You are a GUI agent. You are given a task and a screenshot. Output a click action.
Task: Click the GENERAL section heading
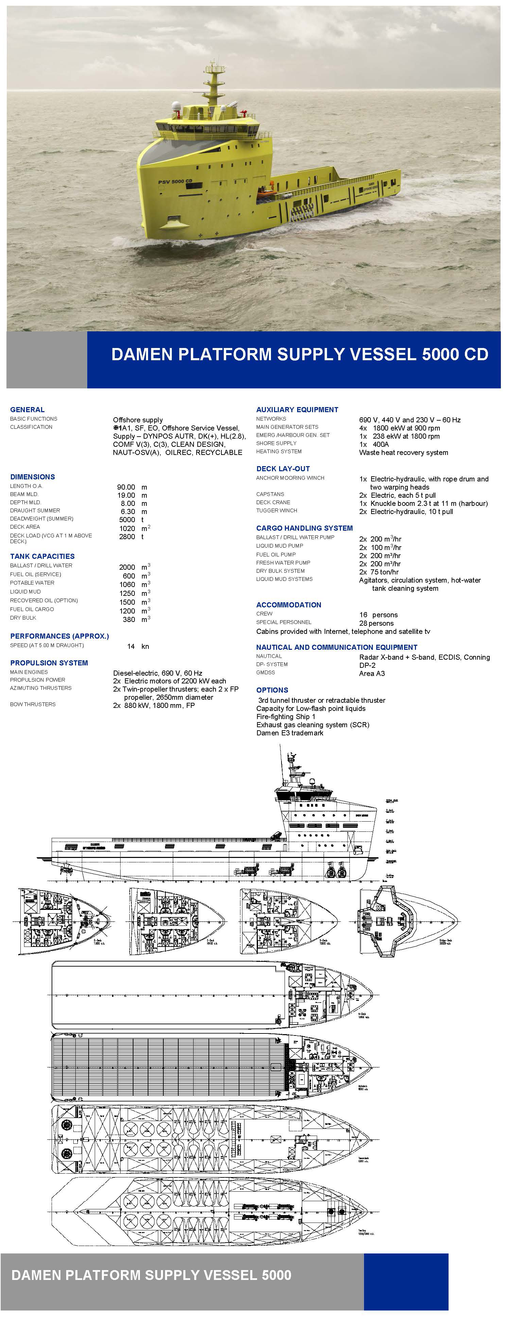27,409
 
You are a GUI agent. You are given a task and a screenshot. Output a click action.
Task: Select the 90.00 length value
126,487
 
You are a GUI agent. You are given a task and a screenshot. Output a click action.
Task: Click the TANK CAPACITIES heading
42,556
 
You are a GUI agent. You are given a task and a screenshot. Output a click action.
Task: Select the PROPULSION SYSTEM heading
49,663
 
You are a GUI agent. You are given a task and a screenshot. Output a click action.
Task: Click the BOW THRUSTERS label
33,704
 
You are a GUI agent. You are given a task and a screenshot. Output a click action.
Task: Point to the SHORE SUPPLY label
276,443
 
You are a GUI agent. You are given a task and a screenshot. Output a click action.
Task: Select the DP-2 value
367,665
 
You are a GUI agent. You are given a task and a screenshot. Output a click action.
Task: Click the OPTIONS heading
272,690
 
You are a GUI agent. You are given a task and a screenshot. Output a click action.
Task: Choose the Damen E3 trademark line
290,733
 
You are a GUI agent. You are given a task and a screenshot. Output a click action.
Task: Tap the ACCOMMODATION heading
289,605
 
